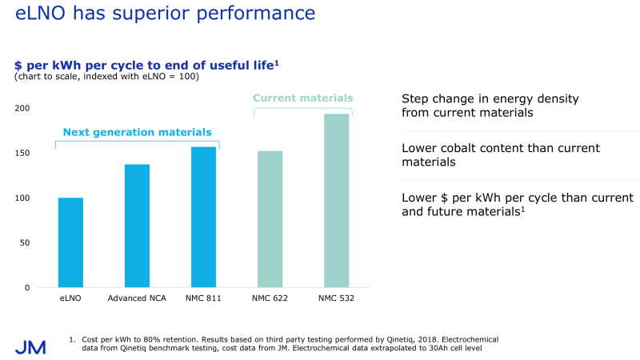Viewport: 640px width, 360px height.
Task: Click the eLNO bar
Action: pyautogui.click(x=70, y=242)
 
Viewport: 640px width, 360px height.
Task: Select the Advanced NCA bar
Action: pyautogui.click(x=137, y=226)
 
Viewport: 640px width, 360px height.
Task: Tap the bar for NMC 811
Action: pyautogui.click(x=203, y=217)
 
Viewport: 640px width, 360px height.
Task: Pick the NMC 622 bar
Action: pyautogui.click(x=270, y=218)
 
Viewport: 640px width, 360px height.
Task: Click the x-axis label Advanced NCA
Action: pyautogui.click(x=137, y=299)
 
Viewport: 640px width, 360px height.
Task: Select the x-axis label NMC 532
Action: pyautogui.click(x=336, y=299)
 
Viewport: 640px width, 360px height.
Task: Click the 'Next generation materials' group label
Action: pyautogui.click(x=137, y=132)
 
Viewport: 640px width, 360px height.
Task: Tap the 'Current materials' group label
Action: pyautogui.click(x=302, y=98)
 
